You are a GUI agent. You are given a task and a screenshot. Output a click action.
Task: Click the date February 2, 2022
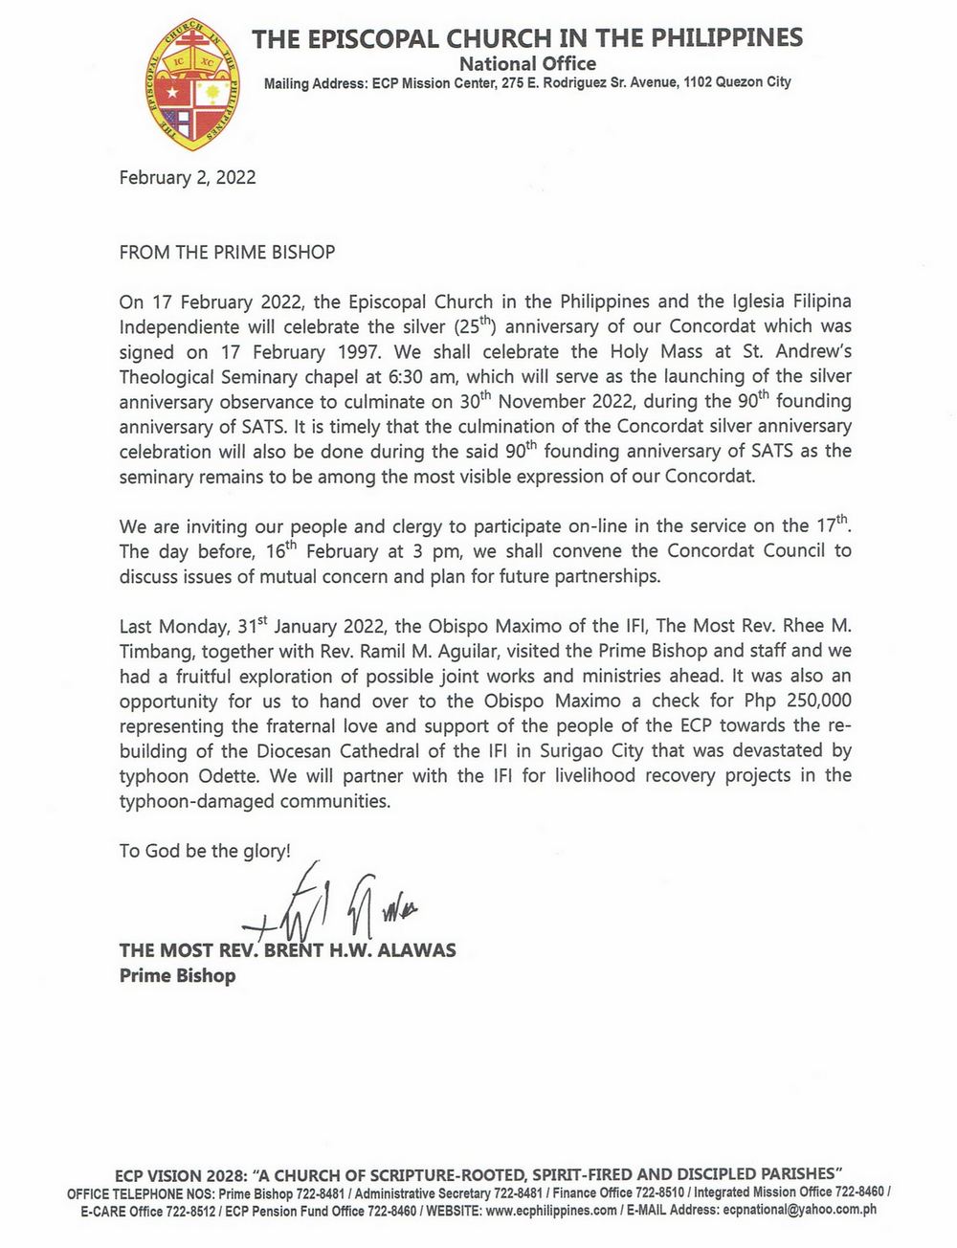pyautogui.click(x=187, y=177)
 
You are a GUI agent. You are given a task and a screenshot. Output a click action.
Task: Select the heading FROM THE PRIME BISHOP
pyautogui.click(x=227, y=253)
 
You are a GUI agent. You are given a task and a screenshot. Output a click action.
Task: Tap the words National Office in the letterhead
pyautogui.click(x=527, y=64)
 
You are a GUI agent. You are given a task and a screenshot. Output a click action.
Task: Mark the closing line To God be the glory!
pyautogui.click(x=205, y=851)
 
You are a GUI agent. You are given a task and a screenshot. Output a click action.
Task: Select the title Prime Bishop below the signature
pyautogui.click(x=177, y=976)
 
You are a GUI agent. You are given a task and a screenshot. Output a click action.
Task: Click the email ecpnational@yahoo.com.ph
pyautogui.click(x=800, y=1211)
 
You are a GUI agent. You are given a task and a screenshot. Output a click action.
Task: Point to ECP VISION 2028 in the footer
pyautogui.click(x=180, y=1173)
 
